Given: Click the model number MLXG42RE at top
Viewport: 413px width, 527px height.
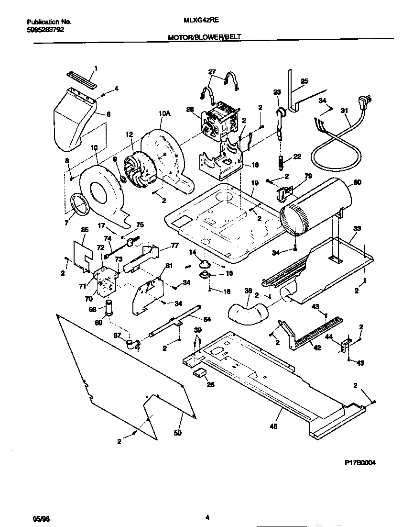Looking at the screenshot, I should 197,22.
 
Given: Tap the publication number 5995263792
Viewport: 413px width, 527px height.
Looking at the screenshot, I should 45,29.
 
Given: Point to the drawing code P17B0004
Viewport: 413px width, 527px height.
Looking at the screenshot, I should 363,464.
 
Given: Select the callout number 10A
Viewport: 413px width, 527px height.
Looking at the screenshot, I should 164,113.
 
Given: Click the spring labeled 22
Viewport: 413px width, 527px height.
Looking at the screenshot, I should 281,161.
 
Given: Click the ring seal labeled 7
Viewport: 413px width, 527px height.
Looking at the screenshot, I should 78,202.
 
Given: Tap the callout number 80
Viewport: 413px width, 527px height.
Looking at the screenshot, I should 358,182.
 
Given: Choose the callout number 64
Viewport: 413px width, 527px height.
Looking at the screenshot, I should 207,319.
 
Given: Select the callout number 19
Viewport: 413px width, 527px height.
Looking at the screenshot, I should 254,183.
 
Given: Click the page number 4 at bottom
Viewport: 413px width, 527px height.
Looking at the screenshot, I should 207,517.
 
